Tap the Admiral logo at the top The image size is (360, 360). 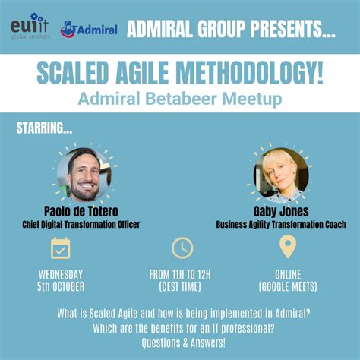point(89,30)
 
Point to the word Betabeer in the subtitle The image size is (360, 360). point(186,99)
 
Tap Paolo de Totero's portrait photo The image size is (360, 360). point(84,174)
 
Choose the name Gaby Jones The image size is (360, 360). point(281,212)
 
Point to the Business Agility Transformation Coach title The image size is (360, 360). point(281,224)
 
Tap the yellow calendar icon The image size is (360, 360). point(60,248)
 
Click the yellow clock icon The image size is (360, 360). point(182,248)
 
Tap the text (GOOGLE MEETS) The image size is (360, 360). point(287,286)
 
